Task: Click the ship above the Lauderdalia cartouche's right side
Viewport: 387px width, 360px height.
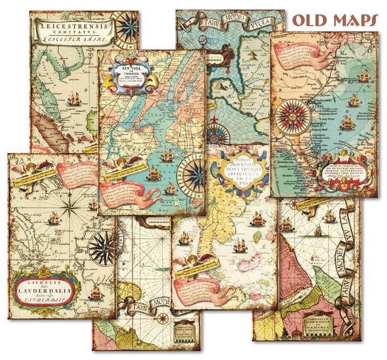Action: [x=97, y=292]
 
